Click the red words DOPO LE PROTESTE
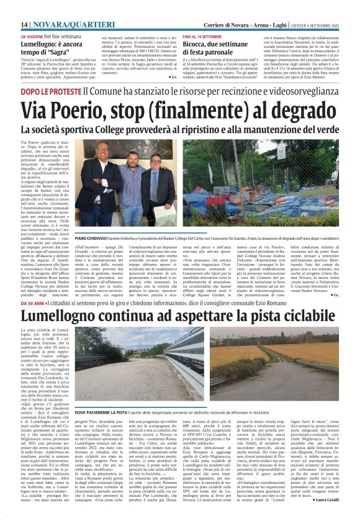(x=50, y=91)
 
